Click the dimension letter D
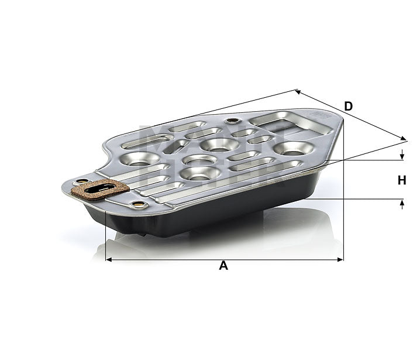click(349, 106)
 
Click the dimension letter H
click(402, 180)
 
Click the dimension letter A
click(223, 266)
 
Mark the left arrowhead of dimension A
click(108, 259)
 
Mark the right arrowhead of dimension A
click(342, 259)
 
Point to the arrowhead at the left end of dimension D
click(298, 91)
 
